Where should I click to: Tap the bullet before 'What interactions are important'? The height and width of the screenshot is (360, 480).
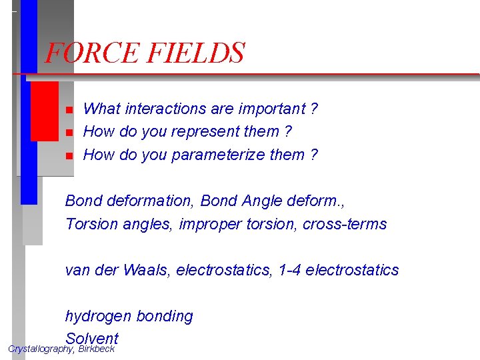point(68,109)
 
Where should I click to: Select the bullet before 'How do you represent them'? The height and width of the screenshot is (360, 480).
point(68,133)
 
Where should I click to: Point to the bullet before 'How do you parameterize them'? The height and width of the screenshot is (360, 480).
point(68,156)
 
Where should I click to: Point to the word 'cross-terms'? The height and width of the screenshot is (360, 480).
point(344,223)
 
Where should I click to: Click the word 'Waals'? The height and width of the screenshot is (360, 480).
point(146,270)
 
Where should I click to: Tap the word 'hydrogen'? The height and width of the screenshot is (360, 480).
point(97,317)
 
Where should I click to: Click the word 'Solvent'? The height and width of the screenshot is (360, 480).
point(92,339)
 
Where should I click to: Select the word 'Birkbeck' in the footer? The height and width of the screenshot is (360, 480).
point(96,349)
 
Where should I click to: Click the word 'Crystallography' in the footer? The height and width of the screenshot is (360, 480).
point(41,349)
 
